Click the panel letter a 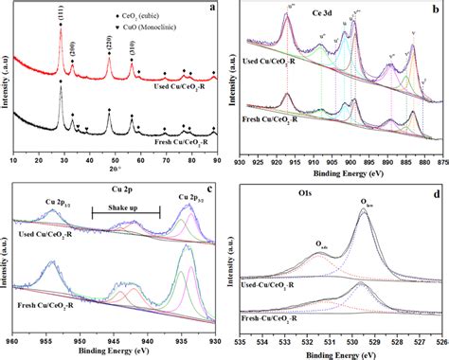216,8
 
